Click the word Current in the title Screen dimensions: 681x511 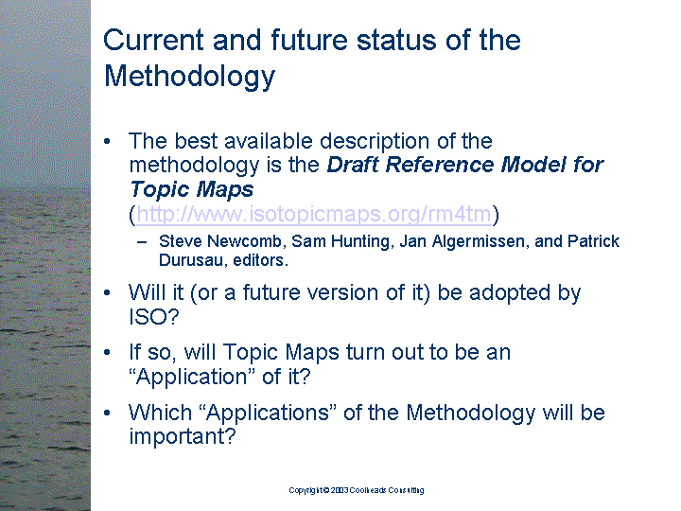[x=153, y=40]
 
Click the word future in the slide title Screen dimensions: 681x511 [x=309, y=40]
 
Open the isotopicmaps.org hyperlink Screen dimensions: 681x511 [x=314, y=214]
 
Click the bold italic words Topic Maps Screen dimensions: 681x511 [x=191, y=189]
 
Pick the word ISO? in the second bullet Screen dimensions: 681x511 [x=154, y=316]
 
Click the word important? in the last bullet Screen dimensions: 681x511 [x=183, y=436]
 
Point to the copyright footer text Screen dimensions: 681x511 [x=357, y=490]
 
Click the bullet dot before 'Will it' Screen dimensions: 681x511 [x=107, y=292]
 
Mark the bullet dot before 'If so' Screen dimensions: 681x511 [x=107, y=352]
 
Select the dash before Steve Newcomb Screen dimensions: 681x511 [x=142, y=242]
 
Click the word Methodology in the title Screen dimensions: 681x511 [x=189, y=77]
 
